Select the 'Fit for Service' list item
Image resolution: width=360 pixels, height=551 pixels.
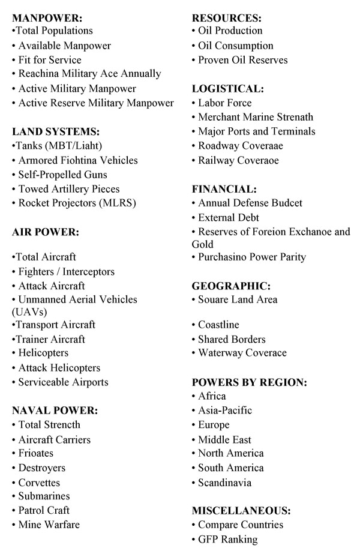click(x=50, y=60)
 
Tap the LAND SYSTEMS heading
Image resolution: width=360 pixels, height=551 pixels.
click(x=56, y=131)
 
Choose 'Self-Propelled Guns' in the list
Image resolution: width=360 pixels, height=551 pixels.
click(x=63, y=175)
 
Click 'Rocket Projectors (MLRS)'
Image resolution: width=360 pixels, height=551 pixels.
click(x=77, y=203)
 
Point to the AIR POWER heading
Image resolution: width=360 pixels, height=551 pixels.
click(x=46, y=232)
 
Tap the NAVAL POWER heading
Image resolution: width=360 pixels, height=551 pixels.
click(x=55, y=411)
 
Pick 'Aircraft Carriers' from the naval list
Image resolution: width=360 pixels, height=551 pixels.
click(x=55, y=440)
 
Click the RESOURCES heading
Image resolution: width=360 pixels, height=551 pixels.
click(x=226, y=17)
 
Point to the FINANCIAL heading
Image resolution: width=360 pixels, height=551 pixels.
click(x=224, y=189)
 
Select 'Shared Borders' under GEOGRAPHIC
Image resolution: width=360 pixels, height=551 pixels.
click(x=232, y=339)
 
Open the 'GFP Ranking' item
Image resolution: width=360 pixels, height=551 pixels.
click(x=228, y=540)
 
